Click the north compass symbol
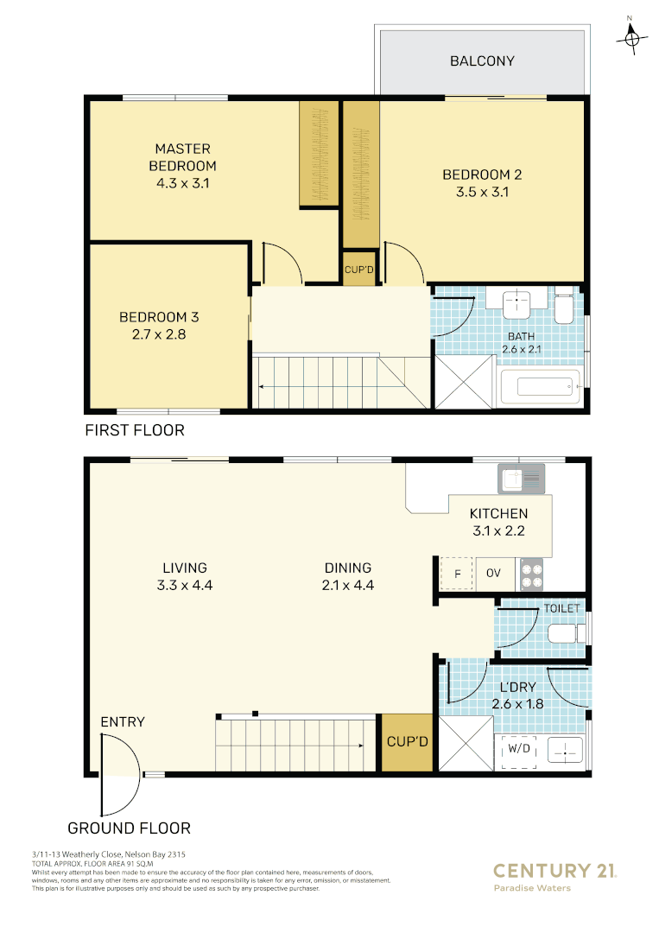click(x=632, y=36)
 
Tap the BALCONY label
click(x=482, y=61)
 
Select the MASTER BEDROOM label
click(x=182, y=157)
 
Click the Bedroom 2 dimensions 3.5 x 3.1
click(x=482, y=192)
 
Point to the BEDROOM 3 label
click(x=159, y=317)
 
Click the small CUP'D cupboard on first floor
click(x=359, y=270)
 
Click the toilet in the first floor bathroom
click(x=563, y=308)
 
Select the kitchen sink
click(x=521, y=476)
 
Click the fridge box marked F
click(x=457, y=574)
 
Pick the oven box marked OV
click(x=494, y=574)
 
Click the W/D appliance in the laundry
click(x=520, y=749)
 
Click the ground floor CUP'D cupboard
click(x=407, y=741)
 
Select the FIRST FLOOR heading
click(x=134, y=430)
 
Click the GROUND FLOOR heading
click(x=129, y=828)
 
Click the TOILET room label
click(x=562, y=609)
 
